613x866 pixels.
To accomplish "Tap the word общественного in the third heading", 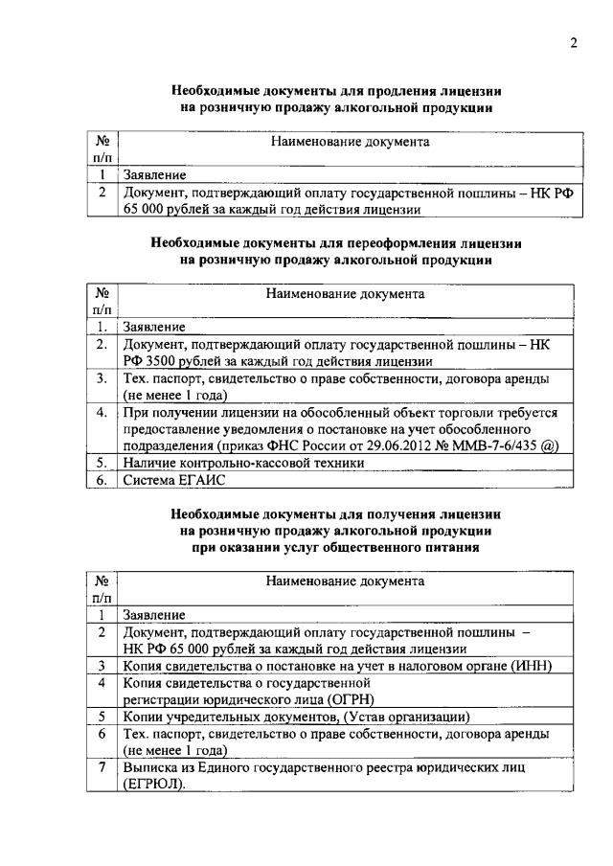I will coord(373,547).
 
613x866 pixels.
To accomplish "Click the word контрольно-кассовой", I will coord(237,463).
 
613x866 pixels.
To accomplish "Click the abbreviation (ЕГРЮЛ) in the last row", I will coord(153,785).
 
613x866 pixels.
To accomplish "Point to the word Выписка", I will coord(150,767).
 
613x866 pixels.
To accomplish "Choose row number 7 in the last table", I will coord(102,767).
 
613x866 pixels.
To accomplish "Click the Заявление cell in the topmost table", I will coord(153,175).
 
